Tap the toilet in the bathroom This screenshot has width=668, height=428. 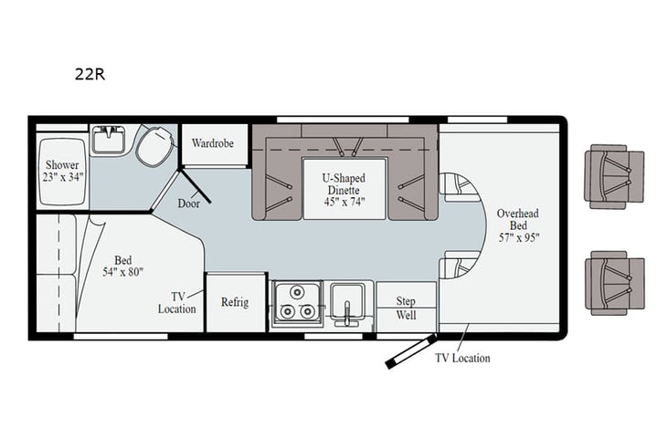[x=154, y=145]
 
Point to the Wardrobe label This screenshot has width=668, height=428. [x=213, y=144]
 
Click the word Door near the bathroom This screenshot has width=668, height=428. [x=190, y=204]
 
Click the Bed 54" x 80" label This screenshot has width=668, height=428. [x=122, y=266]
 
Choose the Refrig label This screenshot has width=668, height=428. [x=235, y=302]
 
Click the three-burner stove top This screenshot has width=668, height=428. [x=295, y=304]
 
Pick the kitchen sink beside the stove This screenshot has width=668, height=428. [x=347, y=302]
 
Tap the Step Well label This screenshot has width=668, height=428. [x=406, y=308]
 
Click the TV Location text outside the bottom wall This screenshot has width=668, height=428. [x=461, y=359]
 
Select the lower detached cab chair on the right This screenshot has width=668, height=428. [x=615, y=283]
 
